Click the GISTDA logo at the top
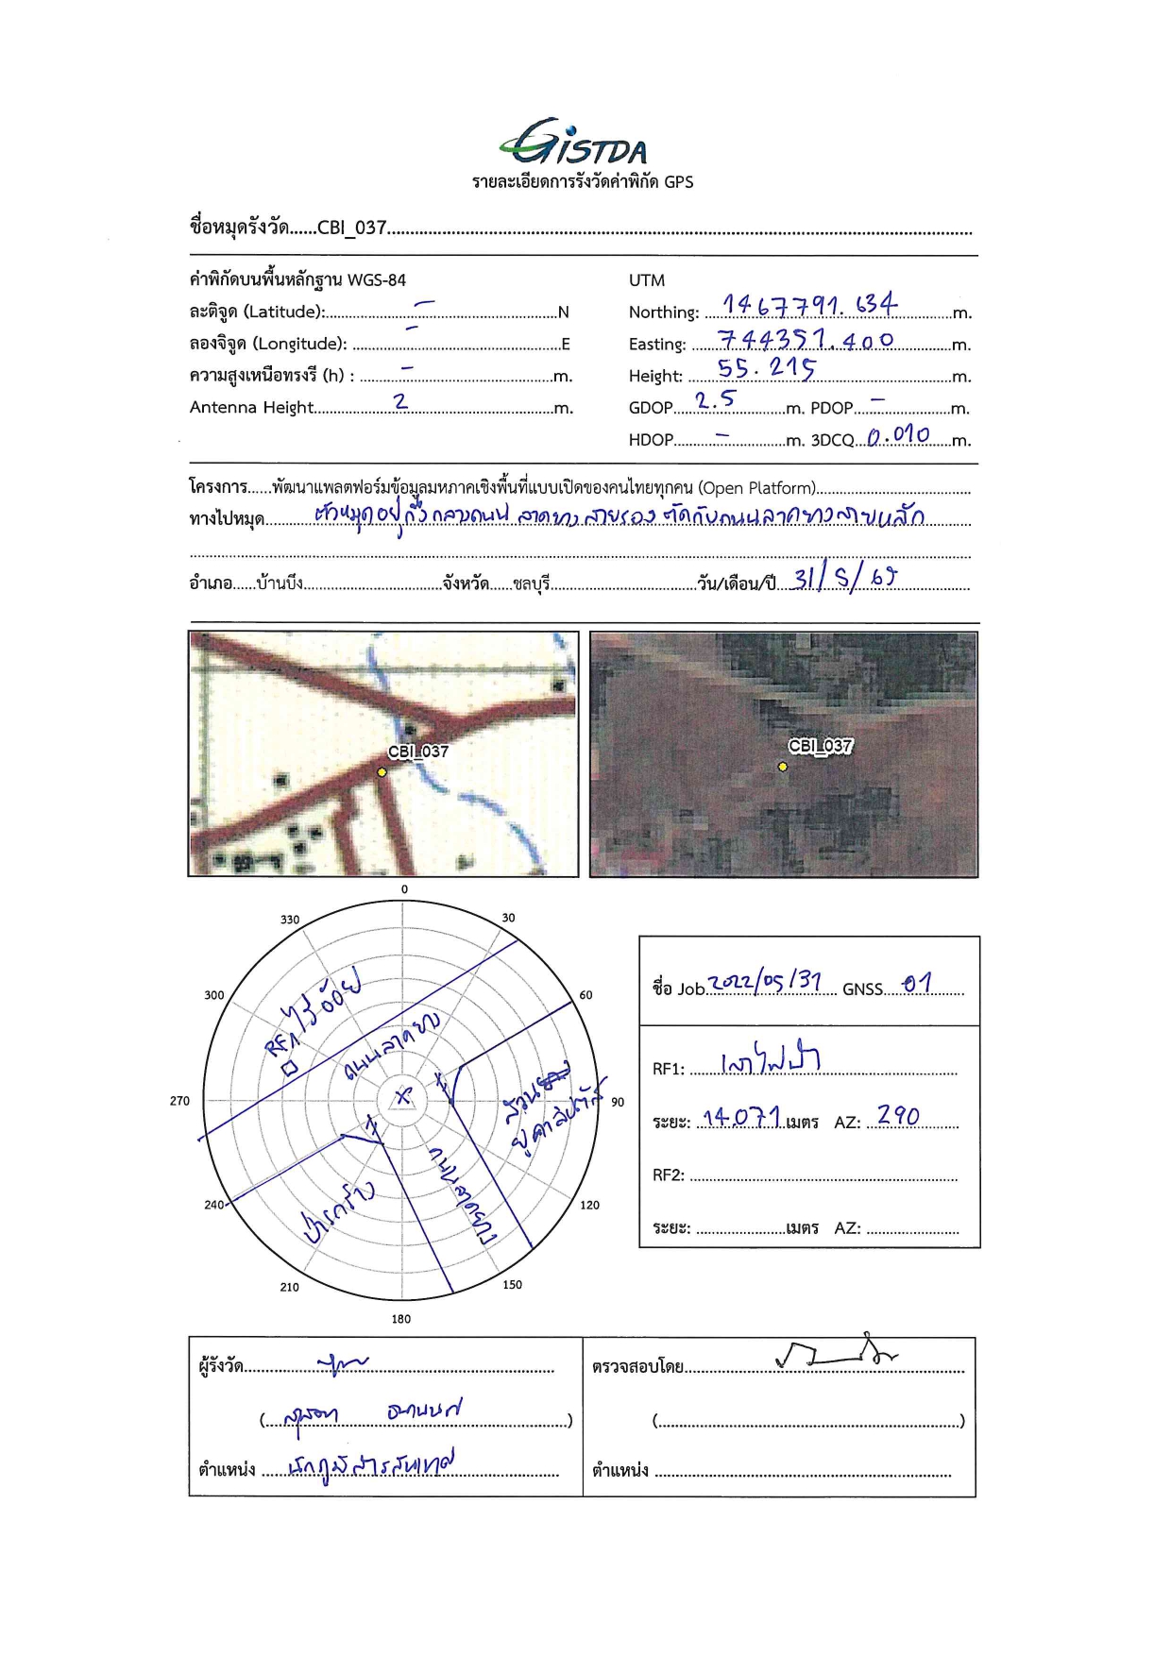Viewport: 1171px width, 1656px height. click(574, 144)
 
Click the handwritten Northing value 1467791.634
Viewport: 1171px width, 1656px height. click(809, 304)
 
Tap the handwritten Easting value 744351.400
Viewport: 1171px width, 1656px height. click(805, 339)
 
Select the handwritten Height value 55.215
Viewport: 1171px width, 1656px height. click(766, 368)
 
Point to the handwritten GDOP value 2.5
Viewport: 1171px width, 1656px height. click(714, 400)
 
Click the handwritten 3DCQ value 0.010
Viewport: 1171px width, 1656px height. click(898, 435)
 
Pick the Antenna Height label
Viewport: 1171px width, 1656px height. click(251, 408)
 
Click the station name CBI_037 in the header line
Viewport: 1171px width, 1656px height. click(351, 228)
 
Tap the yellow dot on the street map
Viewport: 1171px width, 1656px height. click(382, 772)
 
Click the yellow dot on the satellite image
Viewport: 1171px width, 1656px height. click(783, 767)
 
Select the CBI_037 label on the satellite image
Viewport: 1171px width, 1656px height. click(820, 746)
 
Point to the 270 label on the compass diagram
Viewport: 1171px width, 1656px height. click(179, 1101)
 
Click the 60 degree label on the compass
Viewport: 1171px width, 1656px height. click(585, 995)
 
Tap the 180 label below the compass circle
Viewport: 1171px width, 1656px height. click(401, 1319)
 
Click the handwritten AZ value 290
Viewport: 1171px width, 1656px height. click(897, 1116)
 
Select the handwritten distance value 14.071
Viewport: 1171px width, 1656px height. click(742, 1118)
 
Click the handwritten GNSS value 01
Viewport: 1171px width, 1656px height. click(916, 984)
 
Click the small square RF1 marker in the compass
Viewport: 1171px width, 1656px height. click(290, 1068)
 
